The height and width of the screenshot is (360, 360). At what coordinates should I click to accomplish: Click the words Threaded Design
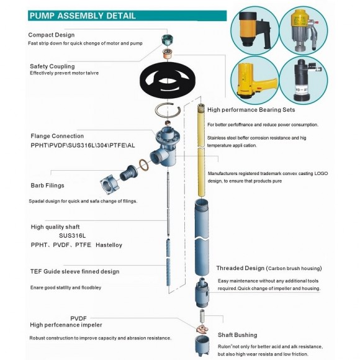[x=240, y=268]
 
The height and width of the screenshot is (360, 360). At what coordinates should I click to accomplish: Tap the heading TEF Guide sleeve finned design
[x=74, y=271]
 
